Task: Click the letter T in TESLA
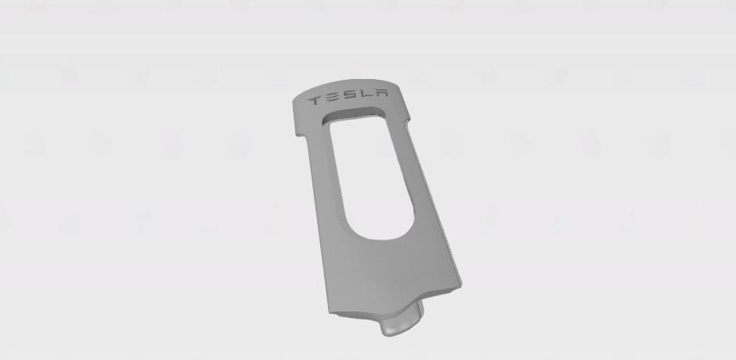tap(315, 100)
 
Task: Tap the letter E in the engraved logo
tap(333, 98)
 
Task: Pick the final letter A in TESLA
tap(381, 92)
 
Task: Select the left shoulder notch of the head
tap(301, 135)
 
